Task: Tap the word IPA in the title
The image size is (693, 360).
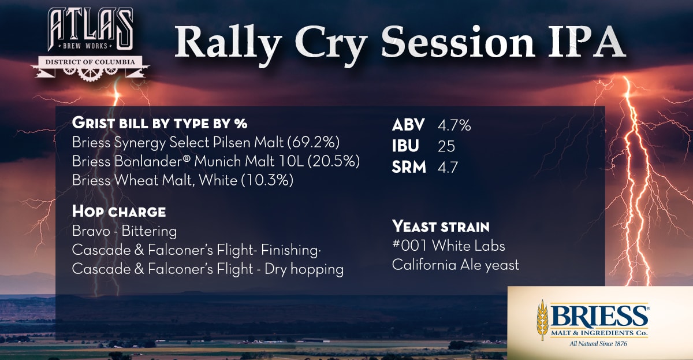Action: click(587, 42)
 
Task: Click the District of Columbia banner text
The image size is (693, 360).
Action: click(90, 62)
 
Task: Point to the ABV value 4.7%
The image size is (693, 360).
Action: click(454, 125)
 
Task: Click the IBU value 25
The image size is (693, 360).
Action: click(446, 146)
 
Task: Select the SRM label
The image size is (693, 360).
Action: click(409, 167)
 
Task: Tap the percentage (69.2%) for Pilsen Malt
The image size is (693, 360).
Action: click(314, 143)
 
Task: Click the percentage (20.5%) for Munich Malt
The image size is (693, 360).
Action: click(334, 161)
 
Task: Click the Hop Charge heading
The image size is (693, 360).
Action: click(119, 211)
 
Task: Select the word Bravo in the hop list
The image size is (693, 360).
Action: click(91, 231)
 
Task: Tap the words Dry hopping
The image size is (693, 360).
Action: click(304, 269)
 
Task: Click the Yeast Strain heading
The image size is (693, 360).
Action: click(441, 227)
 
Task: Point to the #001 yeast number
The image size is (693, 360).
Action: click(409, 246)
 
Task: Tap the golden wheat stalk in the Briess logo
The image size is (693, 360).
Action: click(542, 320)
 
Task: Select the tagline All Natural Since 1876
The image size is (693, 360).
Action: click(598, 344)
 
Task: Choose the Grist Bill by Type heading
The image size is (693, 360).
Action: click(159, 123)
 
